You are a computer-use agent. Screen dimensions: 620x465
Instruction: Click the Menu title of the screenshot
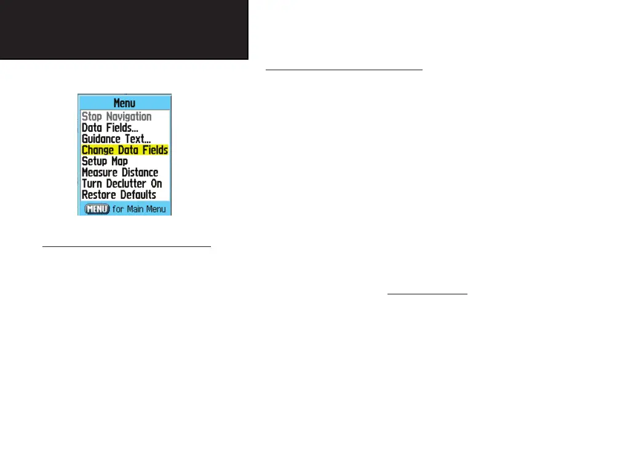pyautogui.click(x=124, y=103)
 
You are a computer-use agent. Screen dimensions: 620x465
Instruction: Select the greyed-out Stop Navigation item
pyautogui.click(x=116, y=116)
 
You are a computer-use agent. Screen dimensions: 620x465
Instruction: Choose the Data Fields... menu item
pyautogui.click(x=110, y=127)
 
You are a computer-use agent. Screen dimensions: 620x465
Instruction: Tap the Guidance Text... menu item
pyautogui.click(x=116, y=139)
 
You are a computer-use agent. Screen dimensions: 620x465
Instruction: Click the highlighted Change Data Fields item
pyautogui.click(x=125, y=150)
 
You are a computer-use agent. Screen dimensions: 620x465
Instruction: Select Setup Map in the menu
pyautogui.click(x=105, y=161)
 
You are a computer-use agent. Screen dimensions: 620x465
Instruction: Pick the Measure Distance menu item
pyautogui.click(x=120, y=172)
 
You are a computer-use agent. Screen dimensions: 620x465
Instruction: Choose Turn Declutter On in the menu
pyautogui.click(x=122, y=184)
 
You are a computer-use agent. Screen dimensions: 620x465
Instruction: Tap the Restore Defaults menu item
pyautogui.click(x=119, y=195)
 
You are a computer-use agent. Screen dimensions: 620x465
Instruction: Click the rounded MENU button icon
pyautogui.click(x=97, y=209)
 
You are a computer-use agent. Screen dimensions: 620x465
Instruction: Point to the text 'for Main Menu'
pyautogui.click(x=139, y=209)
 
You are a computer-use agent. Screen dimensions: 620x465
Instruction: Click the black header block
pyautogui.click(x=124, y=29)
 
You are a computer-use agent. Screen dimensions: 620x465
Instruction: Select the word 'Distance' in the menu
pyautogui.click(x=138, y=172)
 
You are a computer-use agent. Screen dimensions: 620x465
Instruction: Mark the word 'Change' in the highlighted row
pyautogui.click(x=98, y=150)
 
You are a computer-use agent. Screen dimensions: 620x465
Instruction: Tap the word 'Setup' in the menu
pyautogui.click(x=94, y=161)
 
